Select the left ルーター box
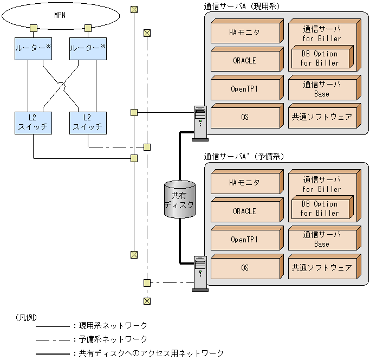34,49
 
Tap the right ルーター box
88,49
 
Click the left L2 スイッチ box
34,123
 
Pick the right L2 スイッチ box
88,123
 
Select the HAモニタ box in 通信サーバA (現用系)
244,33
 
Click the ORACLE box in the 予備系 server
244,211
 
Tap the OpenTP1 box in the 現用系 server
244,88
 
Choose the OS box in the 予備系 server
244,267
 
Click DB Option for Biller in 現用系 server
320,58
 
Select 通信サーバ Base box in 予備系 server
322,239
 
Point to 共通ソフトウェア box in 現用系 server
322,117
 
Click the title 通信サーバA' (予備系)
244,156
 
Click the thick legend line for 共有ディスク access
51,353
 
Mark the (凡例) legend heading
27,316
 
